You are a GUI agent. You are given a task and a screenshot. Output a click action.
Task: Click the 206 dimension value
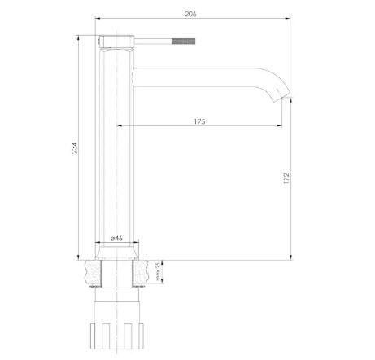pos(190,14)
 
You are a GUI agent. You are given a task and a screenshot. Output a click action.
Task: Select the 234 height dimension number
pos(74,148)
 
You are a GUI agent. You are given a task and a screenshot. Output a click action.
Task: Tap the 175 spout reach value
pos(199,121)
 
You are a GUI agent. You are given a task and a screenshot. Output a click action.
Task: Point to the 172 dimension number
pos(286,178)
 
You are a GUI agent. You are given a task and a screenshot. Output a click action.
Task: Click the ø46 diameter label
pos(116,239)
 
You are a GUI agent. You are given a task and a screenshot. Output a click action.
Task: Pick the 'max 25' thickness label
pos(158,271)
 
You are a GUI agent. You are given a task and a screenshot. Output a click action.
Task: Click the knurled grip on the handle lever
pos(184,42)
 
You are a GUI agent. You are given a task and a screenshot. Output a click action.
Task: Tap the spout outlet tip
pos(282,96)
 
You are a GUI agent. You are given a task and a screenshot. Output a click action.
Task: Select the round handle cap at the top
pos(117,42)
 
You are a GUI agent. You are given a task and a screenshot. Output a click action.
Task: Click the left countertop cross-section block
pos(93,273)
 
